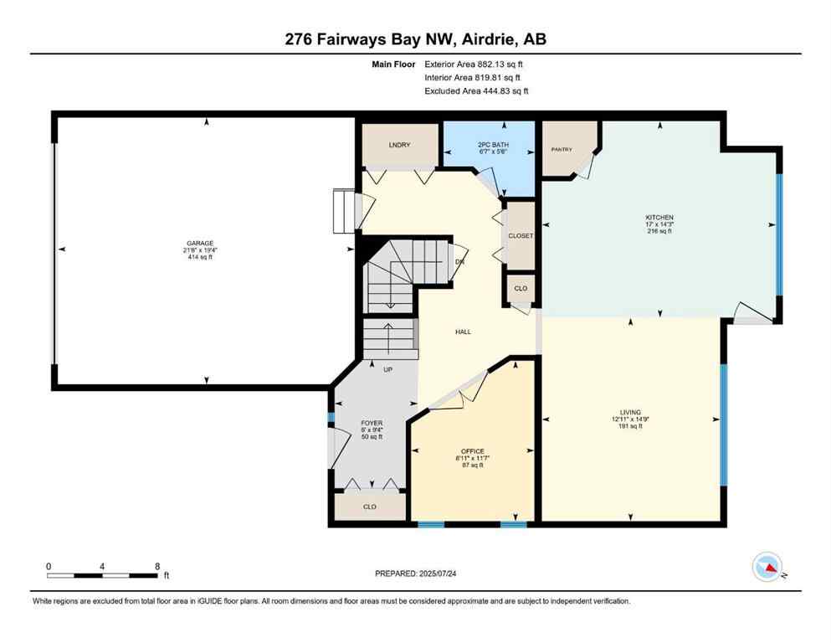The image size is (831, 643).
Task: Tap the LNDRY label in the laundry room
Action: pos(400,146)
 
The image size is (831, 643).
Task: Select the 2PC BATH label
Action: pos(486,145)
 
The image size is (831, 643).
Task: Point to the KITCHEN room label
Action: pos(659,218)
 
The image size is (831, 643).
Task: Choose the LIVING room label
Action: pos(630,412)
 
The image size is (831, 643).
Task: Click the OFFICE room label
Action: pos(473,451)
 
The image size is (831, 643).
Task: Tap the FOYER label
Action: pos(372,423)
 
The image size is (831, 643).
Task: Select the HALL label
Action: pos(463,332)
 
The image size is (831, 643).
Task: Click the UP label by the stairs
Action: pos(387,369)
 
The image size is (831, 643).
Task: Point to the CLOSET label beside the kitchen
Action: pos(521,236)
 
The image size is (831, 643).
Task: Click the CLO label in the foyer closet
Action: pos(369,506)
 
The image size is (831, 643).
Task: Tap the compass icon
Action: pos(767,567)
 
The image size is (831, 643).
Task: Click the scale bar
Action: pos(102,575)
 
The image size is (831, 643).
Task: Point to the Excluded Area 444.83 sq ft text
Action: pos(476,90)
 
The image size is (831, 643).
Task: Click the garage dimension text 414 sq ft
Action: pos(201,257)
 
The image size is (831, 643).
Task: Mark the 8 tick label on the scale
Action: pos(156,566)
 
